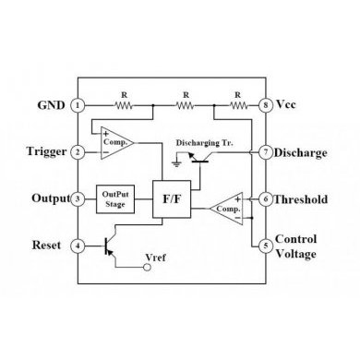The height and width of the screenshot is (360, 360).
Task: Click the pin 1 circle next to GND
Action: coord(79,106)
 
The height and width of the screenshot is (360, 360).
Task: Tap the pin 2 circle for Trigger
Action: coord(79,151)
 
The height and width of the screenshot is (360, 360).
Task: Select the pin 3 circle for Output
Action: coord(79,198)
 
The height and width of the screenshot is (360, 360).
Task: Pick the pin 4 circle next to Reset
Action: coord(79,246)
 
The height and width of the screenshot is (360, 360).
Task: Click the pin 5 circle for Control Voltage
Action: coord(266,246)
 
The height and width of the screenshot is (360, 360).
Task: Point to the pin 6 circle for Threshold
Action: coord(266,198)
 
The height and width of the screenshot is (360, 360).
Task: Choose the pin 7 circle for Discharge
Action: coord(266,151)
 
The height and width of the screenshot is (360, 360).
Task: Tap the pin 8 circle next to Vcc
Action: coord(266,106)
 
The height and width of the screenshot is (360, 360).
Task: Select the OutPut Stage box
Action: coord(114,198)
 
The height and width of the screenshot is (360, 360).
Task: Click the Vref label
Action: coord(158,256)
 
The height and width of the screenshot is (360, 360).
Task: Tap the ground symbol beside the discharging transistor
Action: coord(176,161)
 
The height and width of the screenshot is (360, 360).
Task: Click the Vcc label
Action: coord(289,106)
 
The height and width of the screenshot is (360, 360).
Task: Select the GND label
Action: coord(51,106)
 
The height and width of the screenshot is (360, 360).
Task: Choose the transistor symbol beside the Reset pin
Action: coord(111,246)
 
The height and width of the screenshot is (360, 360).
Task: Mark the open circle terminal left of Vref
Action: coord(145,268)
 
